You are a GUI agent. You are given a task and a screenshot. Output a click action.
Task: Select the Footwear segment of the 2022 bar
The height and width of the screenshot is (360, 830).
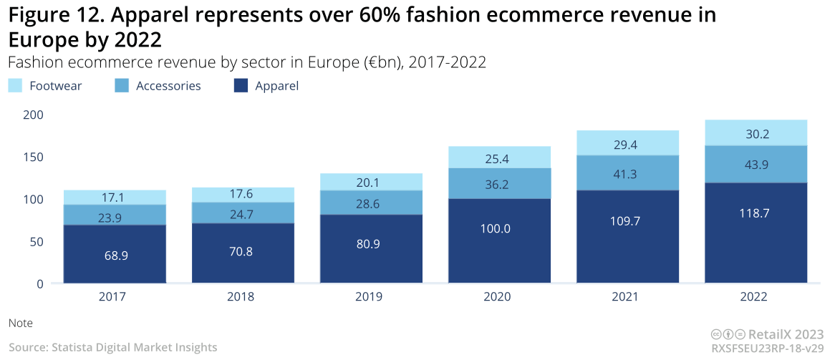(x=756, y=132)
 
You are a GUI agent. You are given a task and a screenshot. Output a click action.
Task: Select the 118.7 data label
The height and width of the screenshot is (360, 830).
(x=756, y=213)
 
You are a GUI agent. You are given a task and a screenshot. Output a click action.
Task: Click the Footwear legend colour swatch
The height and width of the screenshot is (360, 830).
(x=16, y=86)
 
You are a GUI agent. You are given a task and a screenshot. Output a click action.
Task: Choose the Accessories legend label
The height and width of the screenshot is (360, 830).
(x=168, y=86)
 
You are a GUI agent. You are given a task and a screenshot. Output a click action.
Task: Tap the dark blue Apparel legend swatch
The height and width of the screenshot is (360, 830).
(x=241, y=86)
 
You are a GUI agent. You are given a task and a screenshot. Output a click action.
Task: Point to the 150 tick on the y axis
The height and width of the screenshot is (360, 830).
(x=33, y=157)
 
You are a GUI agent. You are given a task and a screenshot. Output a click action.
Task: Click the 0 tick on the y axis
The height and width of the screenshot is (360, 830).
(x=39, y=283)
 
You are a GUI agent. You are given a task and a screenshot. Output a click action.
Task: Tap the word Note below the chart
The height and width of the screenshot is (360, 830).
(x=21, y=323)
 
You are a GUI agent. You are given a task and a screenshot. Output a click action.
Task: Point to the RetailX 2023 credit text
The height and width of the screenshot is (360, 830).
(x=786, y=334)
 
